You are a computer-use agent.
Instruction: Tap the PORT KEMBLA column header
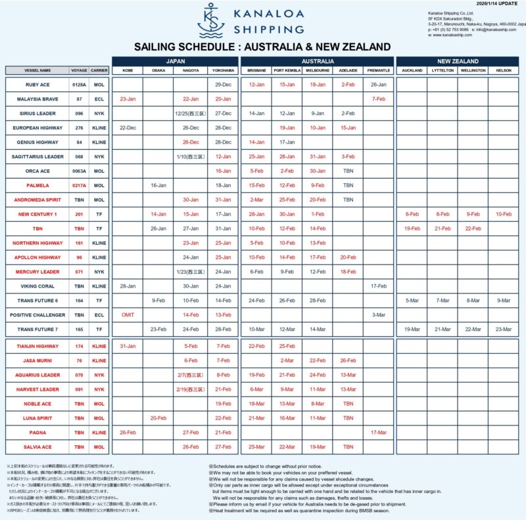pyautogui.click(x=287, y=70)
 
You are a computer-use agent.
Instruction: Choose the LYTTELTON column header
pyautogui.click(x=442, y=70)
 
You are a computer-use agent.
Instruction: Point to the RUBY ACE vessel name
pyautogui.click(x=37, y=85)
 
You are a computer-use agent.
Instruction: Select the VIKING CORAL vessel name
pyautogui.click(x=37, y=286)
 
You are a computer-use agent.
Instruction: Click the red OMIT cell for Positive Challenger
pyautogui.click(x=128, y=314)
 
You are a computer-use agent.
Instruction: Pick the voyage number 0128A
pyautogui.click(x=79, y=85)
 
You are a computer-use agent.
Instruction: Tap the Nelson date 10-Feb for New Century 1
pyautogui.click(x=504, y=214)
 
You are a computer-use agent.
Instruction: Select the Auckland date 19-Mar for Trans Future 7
pyautogui.click(x=412, y=329)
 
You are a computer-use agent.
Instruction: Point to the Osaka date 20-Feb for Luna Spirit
pyautogui.click(x=158, y=418)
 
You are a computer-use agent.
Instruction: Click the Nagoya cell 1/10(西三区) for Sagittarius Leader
pyautogui.click(x=191, y=156)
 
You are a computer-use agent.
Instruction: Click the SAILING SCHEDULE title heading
pyautogui.click(x=262, y=47)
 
